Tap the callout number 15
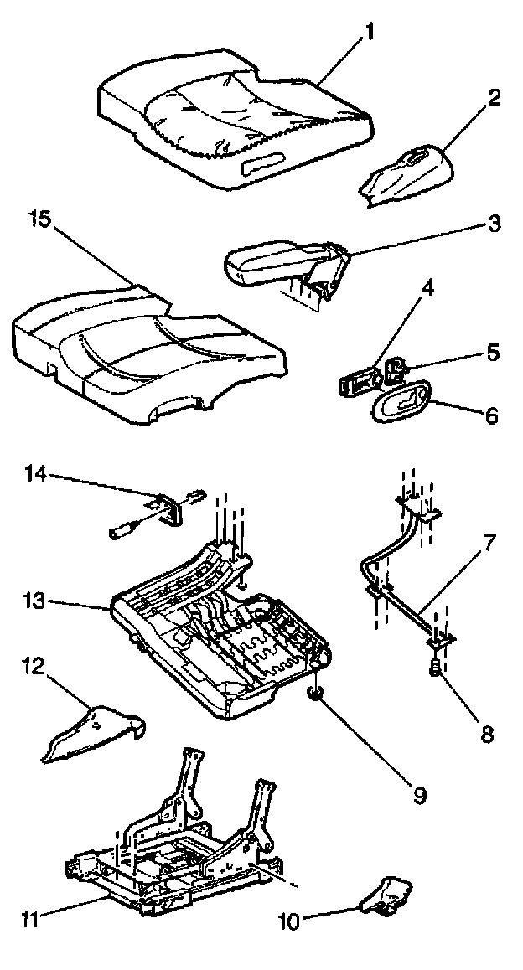(39, 220)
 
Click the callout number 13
(34, 602)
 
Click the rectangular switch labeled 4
(356, 383)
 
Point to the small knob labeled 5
(397, 365)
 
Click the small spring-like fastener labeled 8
(436, 668)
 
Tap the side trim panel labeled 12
(92, 733)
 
